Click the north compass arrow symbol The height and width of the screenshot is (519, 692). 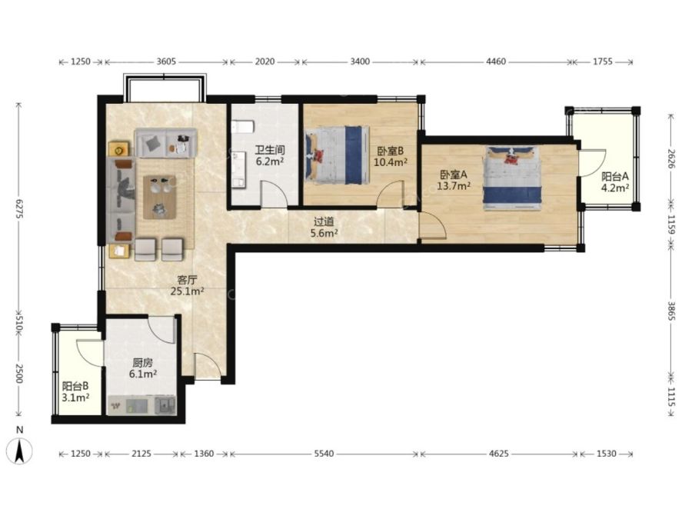point(19,451)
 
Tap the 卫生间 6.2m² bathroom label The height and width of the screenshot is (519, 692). point(270,156)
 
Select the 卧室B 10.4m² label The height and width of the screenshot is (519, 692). point(390,157)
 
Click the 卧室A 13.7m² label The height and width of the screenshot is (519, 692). point(453,181)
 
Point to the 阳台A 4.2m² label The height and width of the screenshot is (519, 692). point(615,182)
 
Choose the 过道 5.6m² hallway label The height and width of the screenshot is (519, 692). point(324,228)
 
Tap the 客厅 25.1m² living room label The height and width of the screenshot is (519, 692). point(187,285)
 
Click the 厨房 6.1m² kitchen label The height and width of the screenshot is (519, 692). point(143,368)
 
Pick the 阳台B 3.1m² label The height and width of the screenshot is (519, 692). point(75,392)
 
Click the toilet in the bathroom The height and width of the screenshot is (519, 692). point(243,126)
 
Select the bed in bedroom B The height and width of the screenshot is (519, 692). point(338,155)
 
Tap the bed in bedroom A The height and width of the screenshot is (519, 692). point(512,178)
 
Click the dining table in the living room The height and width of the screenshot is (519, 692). point(159,197)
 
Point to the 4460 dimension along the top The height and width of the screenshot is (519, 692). point(496,62)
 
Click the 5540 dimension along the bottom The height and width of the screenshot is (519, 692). point(324,454)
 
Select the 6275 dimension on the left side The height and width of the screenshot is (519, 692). point(19,209)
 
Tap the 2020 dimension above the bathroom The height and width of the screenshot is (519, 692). point(264,62)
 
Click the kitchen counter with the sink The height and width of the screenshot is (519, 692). point(142,404)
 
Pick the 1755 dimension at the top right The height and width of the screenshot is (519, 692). point(602,62)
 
